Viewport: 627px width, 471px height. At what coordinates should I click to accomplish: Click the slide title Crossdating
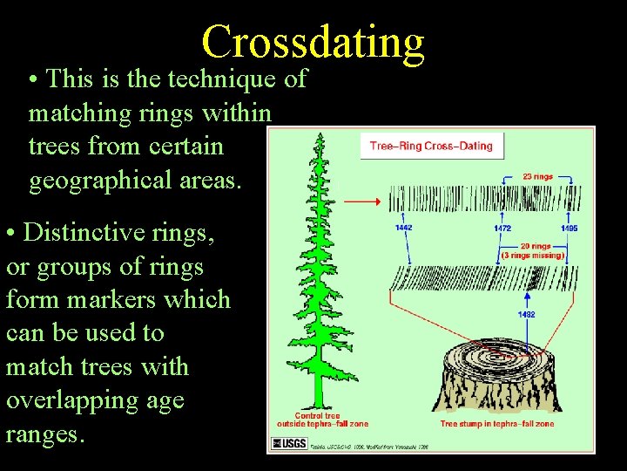tap(313, 41)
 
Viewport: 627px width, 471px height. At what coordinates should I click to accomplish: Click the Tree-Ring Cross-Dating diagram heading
tap(431, 146)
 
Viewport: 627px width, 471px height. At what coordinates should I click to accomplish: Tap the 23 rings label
tap(537, 176)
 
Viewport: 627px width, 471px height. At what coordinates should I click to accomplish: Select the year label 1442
tap(403, 228)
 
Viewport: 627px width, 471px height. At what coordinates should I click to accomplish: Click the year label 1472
tap(502, 228)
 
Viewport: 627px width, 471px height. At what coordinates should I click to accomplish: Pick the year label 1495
tap(569, 228)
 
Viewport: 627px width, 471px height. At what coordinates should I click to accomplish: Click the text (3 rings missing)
tap(530, 256)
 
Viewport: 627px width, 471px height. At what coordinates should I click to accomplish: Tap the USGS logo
tap(289, 443)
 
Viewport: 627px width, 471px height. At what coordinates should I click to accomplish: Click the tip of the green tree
tap(321, 136)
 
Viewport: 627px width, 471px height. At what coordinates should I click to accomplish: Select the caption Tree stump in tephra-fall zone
tap(496, 424)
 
